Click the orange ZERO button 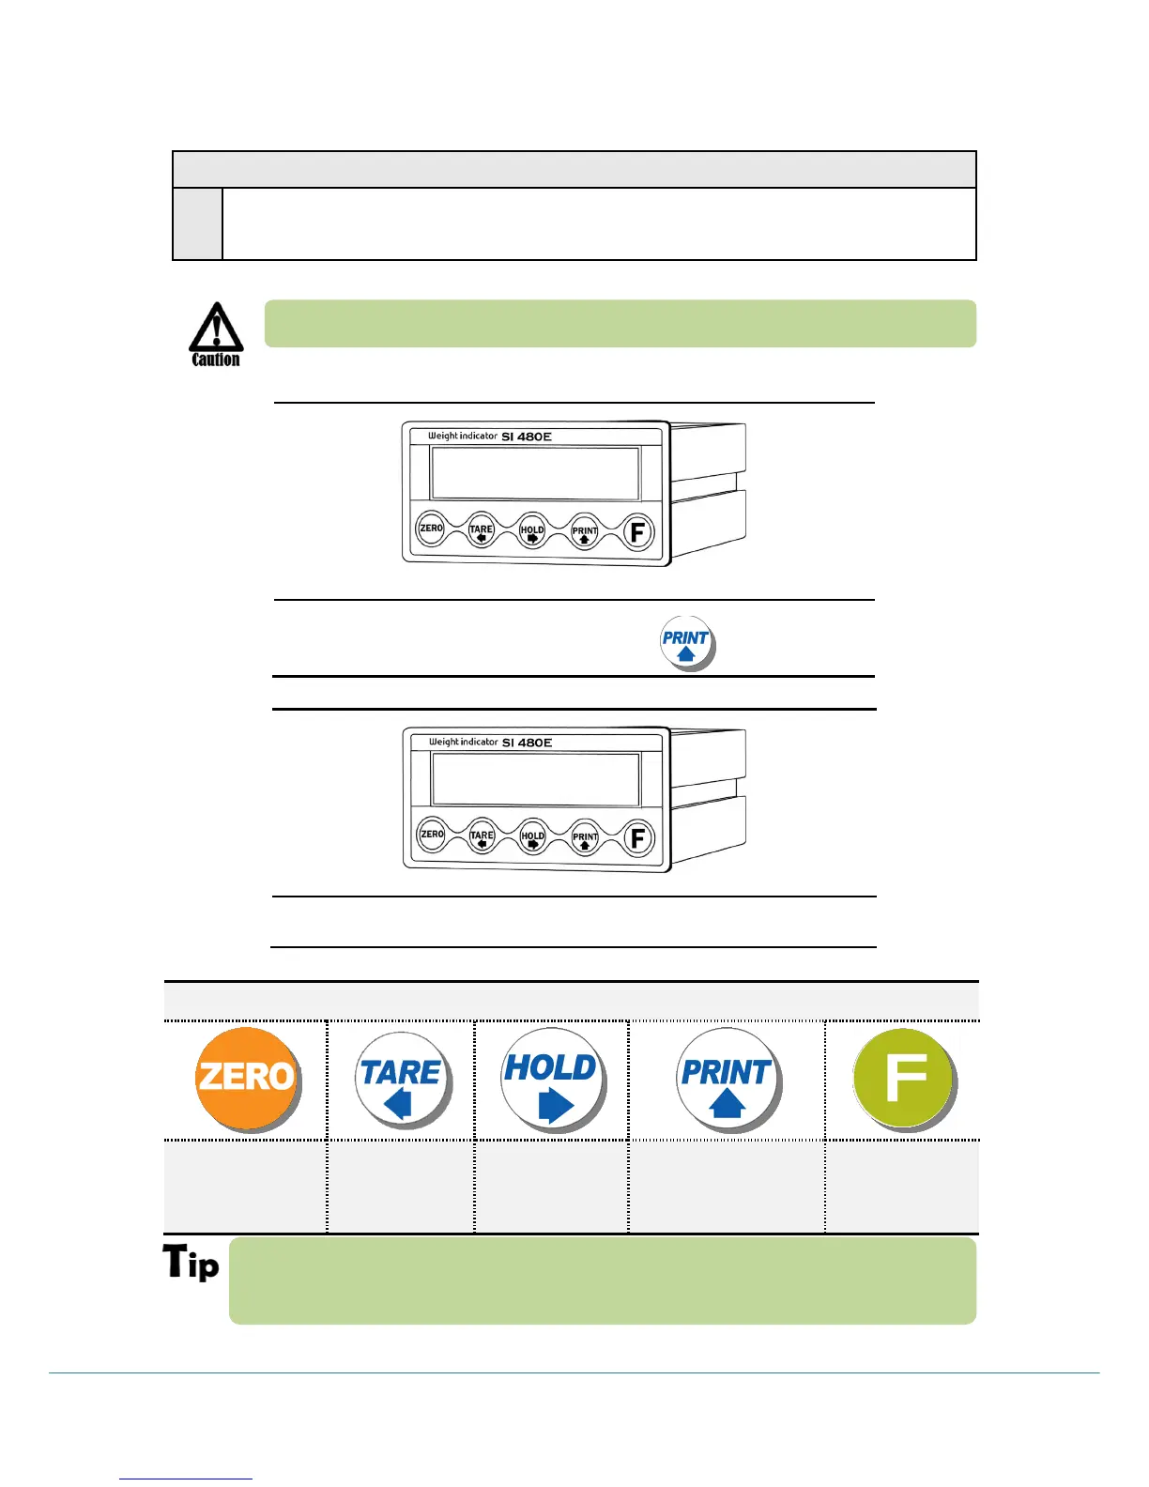(246, 1077)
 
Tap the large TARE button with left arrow (401, 1080)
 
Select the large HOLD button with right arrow (551, 1079)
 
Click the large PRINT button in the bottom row (727, 1080)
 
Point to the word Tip (191, 1263)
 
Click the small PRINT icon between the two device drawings (686, 642)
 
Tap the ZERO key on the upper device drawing (431, 529)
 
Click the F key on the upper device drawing (638, 532)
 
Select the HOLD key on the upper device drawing (532, 531)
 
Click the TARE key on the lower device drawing (482, 836)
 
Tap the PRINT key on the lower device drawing (585, 838)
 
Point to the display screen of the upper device (535, 473)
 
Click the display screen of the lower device (536, 779)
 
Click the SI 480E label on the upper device (527, 437)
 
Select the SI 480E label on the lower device (527, 743)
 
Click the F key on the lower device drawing (638, 838)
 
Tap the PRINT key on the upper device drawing (585, 532)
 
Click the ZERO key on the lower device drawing (432, 835)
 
